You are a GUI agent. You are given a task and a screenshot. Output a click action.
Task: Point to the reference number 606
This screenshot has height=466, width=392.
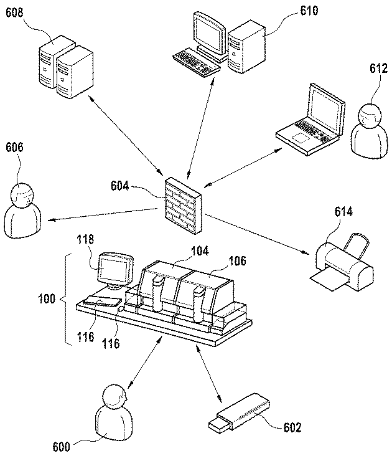pos(14,148)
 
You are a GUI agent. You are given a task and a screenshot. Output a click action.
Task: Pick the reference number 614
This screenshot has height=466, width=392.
pos(343,212)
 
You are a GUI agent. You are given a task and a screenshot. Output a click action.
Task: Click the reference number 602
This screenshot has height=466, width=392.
pos(292,427)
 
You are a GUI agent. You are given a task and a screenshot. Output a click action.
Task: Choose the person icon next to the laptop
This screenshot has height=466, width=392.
pos(370,131)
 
